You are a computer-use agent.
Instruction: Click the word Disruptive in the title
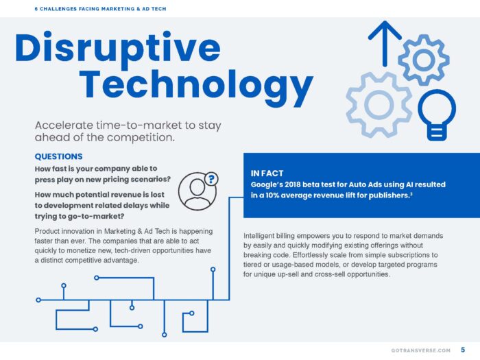117,49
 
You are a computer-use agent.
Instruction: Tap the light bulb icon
437,115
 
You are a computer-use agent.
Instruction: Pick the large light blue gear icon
379,104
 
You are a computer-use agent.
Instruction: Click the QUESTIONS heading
58,156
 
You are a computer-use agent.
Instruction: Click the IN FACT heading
267,173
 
